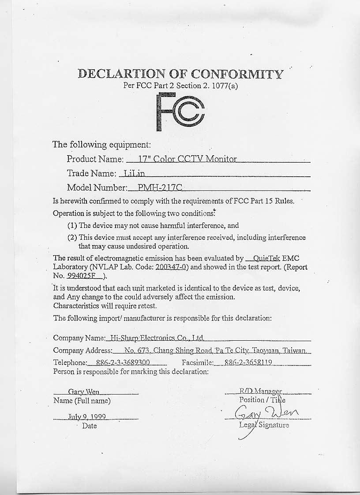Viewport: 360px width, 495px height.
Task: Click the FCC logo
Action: pyautogui.click(x=180, y=112)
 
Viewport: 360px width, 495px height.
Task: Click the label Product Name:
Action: pyautogui.click(x=95, y=159)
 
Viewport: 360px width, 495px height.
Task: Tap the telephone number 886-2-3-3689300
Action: pyautogui.click(x=120, y=363)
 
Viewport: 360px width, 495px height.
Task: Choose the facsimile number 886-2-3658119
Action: pyautogui.click(x=248, y=363)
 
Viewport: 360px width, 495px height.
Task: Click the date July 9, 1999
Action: pyautogui.click(x=86, y=416)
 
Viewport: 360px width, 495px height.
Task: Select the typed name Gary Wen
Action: pyautogui.click(x=84, y=391)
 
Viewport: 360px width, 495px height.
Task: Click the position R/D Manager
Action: pyautogui.click(x=260, y=391)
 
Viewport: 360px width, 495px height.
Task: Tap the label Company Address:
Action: pyautogui.click(x=82, y=351)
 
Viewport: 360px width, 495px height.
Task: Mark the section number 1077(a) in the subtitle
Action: pyautogui.click(x=224, y=86)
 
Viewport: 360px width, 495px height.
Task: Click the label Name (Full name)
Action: pyautogui.click(x=82, y=401)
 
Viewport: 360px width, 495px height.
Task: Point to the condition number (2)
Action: pyautogui.click(x=72, y=237)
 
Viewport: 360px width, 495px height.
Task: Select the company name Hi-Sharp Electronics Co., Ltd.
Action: pyautogui.click(x=156, y=338)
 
